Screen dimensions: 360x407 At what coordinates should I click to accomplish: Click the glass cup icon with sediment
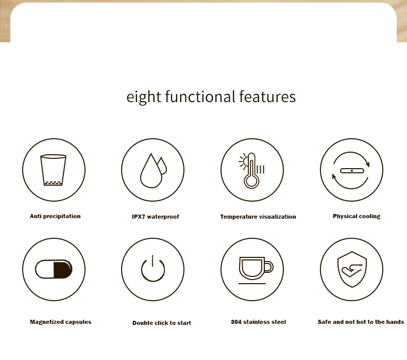tap(54, 170)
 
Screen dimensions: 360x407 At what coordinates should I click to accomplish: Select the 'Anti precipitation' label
tap(55, 216)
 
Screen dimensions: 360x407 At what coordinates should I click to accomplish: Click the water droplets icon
tap(154, 170)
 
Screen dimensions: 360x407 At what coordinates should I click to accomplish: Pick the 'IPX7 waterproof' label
tap(156, 217)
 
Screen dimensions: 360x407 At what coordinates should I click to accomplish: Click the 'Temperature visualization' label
tap(258, 217)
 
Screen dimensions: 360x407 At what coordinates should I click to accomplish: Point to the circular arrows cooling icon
tap(351, 170)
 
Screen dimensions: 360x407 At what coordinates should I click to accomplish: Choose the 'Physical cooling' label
tap(357, 216)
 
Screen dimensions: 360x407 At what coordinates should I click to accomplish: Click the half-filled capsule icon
tap(54, 269)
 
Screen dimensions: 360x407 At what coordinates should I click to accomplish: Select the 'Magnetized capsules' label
tap(61, 322)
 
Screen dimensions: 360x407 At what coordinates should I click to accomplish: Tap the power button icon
tap(153, 269)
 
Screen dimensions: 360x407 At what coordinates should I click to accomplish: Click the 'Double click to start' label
tap(162, 323)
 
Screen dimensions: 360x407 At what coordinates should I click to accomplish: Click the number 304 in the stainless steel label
tap(236, 322)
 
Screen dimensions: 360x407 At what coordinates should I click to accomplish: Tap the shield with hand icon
tap(351, 269)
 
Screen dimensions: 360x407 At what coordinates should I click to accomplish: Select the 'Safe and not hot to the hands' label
tap(361, 322)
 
